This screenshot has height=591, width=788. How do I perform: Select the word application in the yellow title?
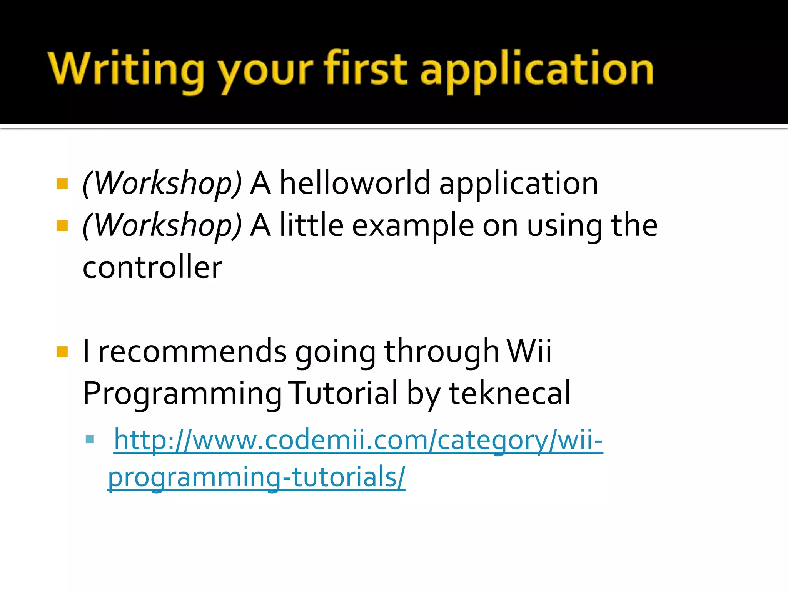537,71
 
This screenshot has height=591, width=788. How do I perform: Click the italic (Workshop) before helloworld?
162,184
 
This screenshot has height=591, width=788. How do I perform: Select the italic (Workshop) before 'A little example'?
162,226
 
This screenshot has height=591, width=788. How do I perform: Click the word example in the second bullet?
413,227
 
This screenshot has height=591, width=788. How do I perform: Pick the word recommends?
192,351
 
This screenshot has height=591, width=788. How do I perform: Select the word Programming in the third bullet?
182,394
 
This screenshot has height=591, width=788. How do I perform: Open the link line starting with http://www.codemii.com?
358,440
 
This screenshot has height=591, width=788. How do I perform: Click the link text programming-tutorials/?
256,477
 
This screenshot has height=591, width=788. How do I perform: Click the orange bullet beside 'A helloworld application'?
62,184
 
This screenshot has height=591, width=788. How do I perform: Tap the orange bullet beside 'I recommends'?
62,352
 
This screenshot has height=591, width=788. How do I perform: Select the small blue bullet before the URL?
90,439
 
